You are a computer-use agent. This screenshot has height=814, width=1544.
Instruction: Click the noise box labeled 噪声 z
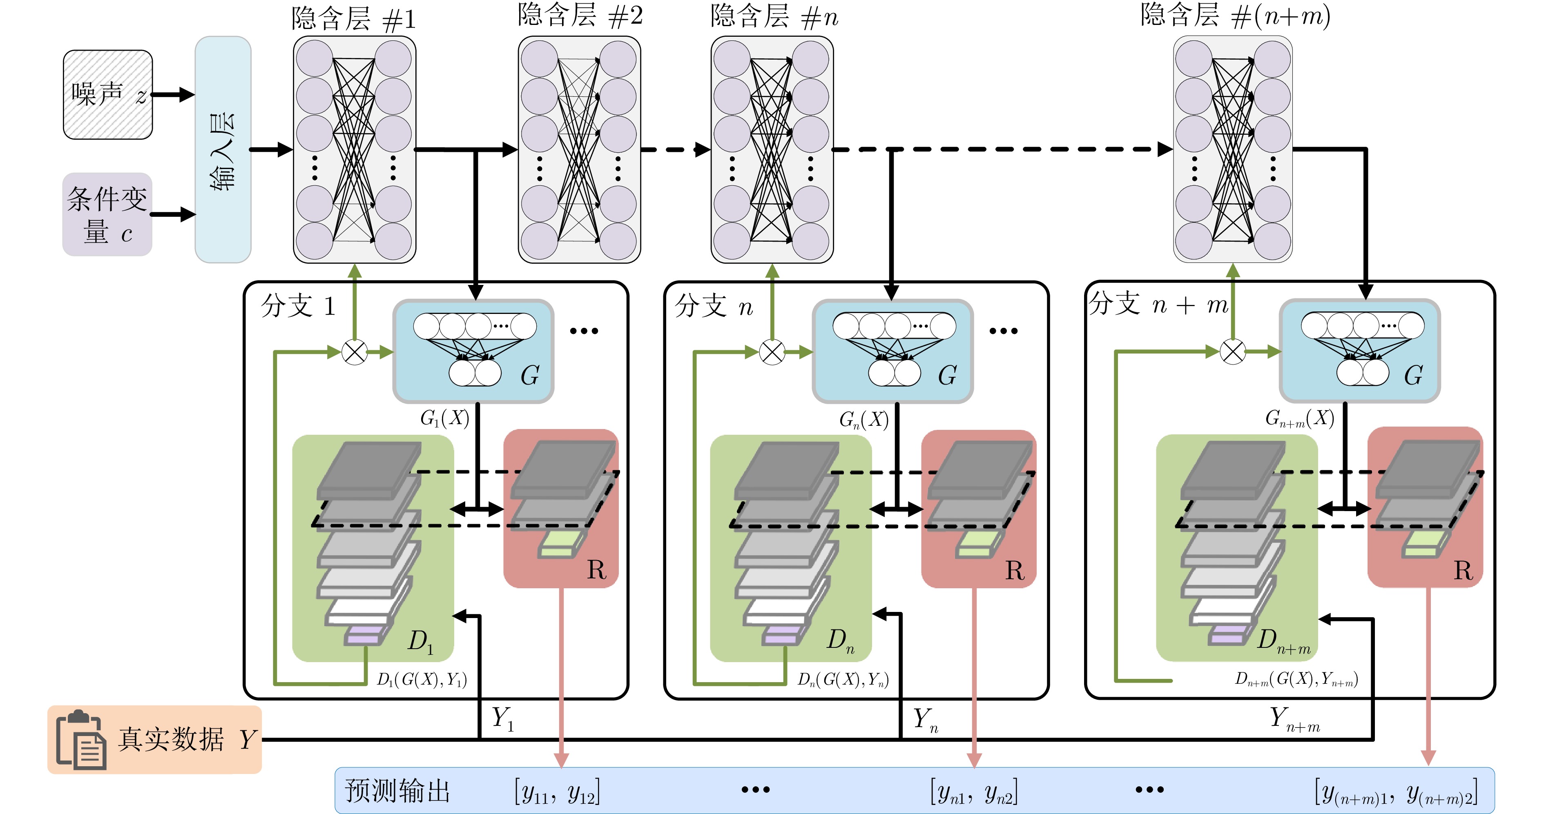(108, 95)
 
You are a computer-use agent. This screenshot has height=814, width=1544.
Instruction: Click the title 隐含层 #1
(354, 19)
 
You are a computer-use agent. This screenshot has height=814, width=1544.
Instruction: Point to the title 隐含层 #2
(580, 16)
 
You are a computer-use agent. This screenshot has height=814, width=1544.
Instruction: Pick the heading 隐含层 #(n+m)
(1235, 16)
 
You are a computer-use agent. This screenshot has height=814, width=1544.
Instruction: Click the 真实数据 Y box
(155, 740)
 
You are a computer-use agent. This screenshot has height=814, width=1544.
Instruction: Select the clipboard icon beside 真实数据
(81, 741)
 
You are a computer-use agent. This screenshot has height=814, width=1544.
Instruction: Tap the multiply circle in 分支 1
(354, 352)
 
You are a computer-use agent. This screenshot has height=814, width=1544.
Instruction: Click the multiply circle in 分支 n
(772, 352)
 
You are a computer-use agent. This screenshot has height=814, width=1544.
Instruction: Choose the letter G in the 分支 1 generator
(530, 376)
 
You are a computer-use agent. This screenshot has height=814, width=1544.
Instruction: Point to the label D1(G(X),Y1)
(422, 679)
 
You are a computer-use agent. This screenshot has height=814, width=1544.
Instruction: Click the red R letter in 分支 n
(1015, 570)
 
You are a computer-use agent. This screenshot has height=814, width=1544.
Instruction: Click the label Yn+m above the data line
(1295, 719)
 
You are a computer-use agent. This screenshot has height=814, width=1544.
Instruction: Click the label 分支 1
(298, 306)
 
